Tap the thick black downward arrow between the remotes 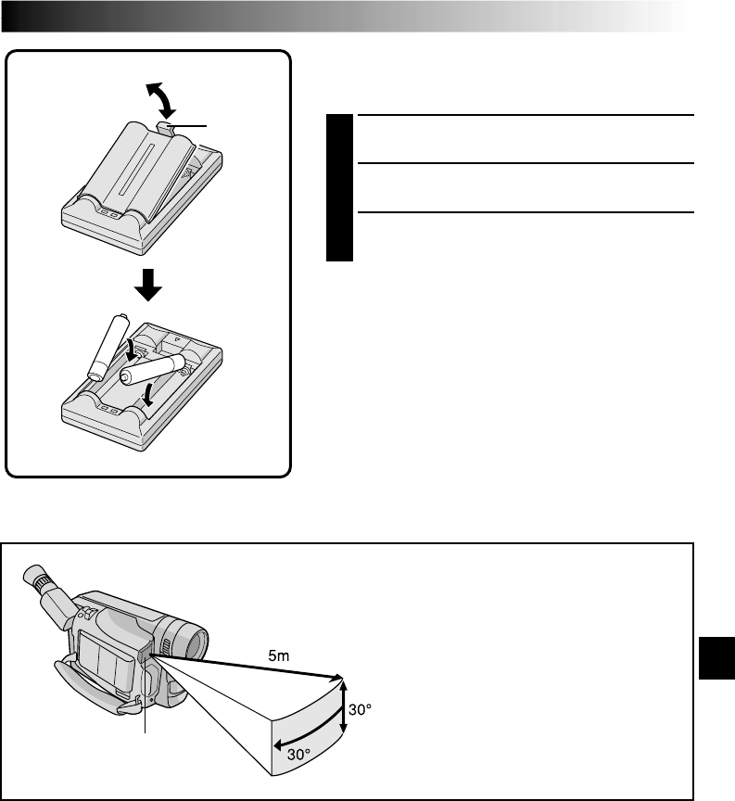[148, 287]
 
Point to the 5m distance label [278, 656]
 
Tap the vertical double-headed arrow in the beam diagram [345, 707]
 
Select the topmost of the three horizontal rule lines [526, 116]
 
